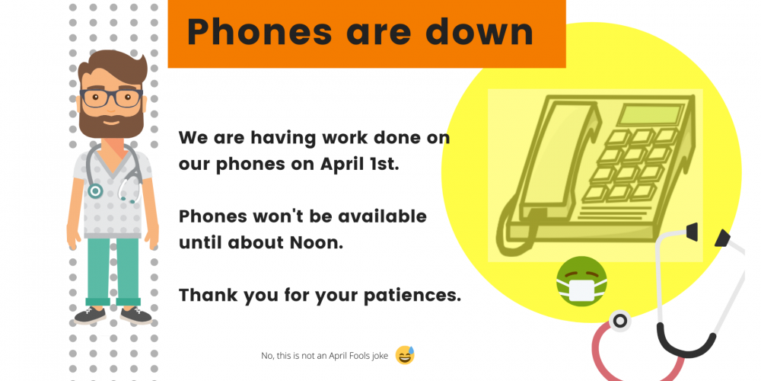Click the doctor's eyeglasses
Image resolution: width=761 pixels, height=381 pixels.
pyautogui.click(x=112, y=98)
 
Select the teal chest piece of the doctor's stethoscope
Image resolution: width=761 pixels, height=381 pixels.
pyautogui.click(x=95, y=191)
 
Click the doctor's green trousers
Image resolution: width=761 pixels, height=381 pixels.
pyautogui.click(x=113, y=271)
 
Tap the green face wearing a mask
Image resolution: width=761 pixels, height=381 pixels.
pyautogui.click(x=581, y=281)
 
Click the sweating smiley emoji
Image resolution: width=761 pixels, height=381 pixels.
pyautogui.click(x=406, y=355)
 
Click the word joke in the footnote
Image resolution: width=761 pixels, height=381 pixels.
pyautogui.click(x=379, y=356)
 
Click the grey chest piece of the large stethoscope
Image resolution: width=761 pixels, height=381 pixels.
pyautogui.click(x=619, y=322)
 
